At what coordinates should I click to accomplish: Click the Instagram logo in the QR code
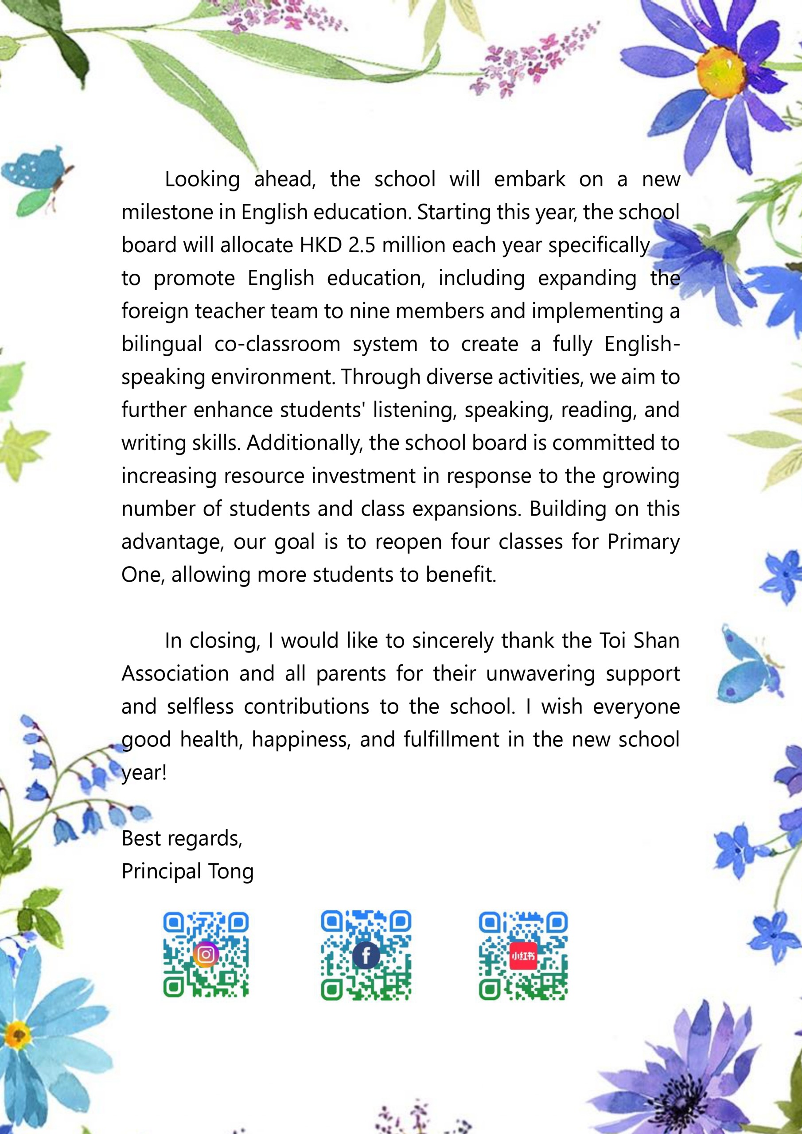(x=206, y=954)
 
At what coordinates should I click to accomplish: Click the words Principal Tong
(x=187, y=871)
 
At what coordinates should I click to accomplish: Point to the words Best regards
(x=181, y=838)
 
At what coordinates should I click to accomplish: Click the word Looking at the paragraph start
(x=202, y=179)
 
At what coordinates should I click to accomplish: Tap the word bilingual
(x=162, y=344)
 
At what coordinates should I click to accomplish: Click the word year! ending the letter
(x=144, y=773)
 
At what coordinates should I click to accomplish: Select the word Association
(x=175, y=674)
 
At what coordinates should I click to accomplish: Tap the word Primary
(x=643, y=542)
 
